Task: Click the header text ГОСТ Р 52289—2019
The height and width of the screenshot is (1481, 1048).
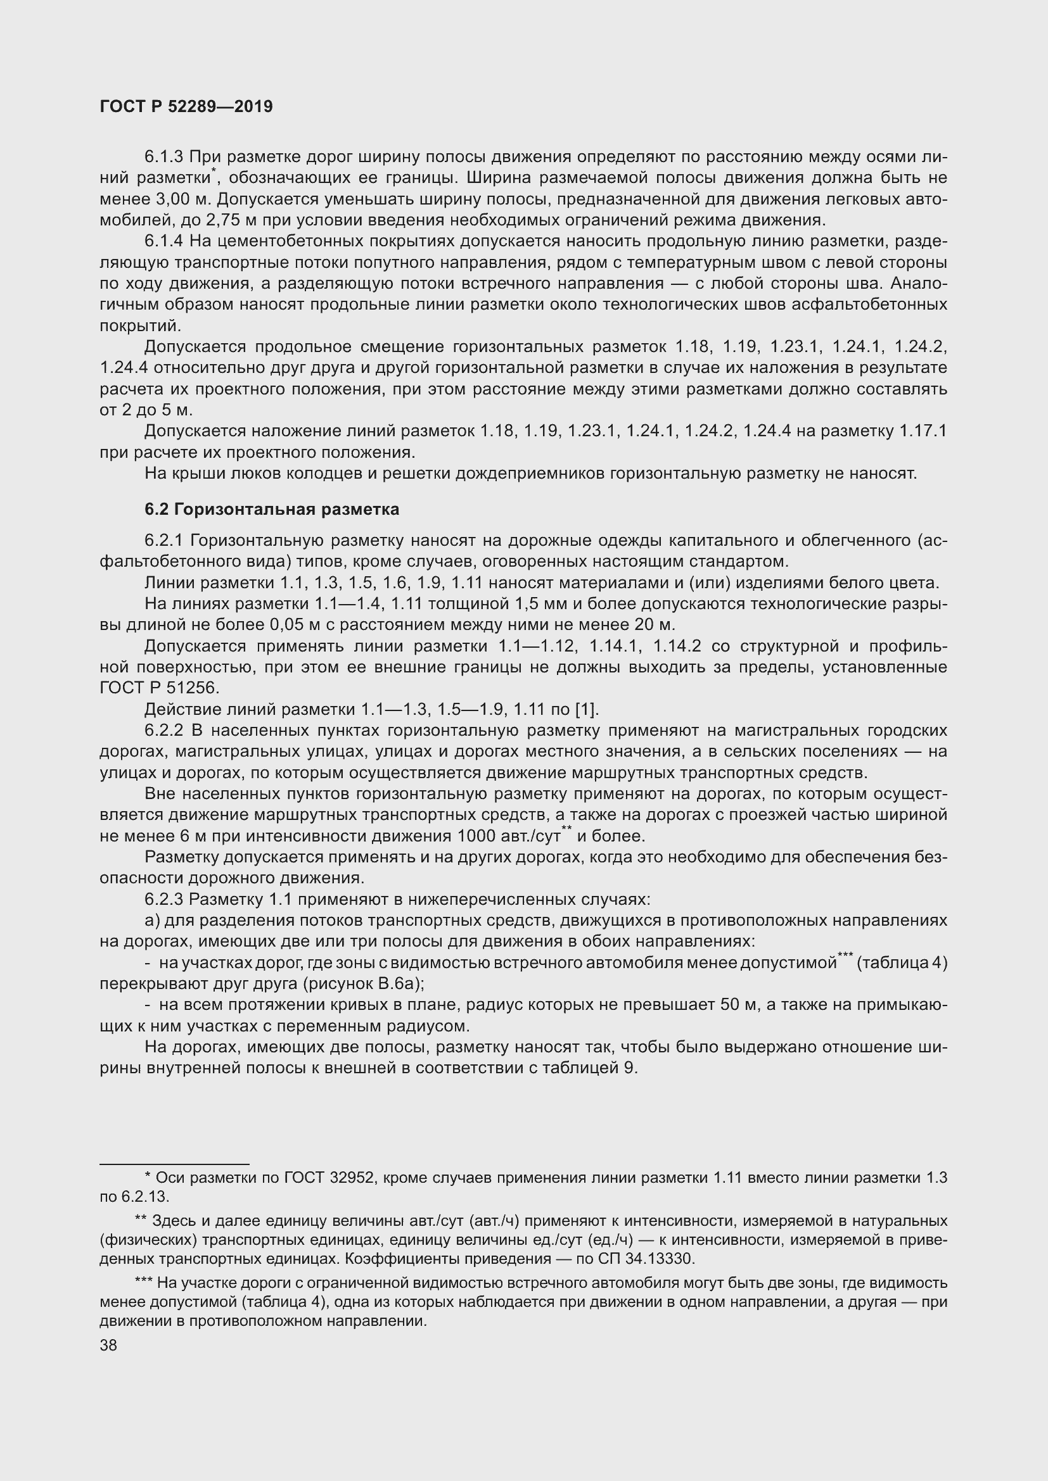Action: tap(186, 106)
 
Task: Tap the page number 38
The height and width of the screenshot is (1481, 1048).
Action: tap(108, 1345)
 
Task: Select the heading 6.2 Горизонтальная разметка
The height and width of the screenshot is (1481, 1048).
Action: tap(272, 510)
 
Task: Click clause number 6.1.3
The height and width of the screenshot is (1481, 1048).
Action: tap(164, 157)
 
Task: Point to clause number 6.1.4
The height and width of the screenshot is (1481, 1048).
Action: tap(164, 241)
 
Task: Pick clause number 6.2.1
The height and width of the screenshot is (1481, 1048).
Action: tap(164, 541)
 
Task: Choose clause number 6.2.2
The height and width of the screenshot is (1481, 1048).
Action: tap(164, 731)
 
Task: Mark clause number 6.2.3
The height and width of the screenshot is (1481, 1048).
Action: tap(164, 899)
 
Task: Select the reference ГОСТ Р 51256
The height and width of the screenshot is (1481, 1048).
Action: tap(160, 688)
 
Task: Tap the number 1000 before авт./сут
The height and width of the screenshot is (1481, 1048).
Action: tap(478, 836)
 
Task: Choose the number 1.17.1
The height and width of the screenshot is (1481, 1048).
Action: tap(922, 431)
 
